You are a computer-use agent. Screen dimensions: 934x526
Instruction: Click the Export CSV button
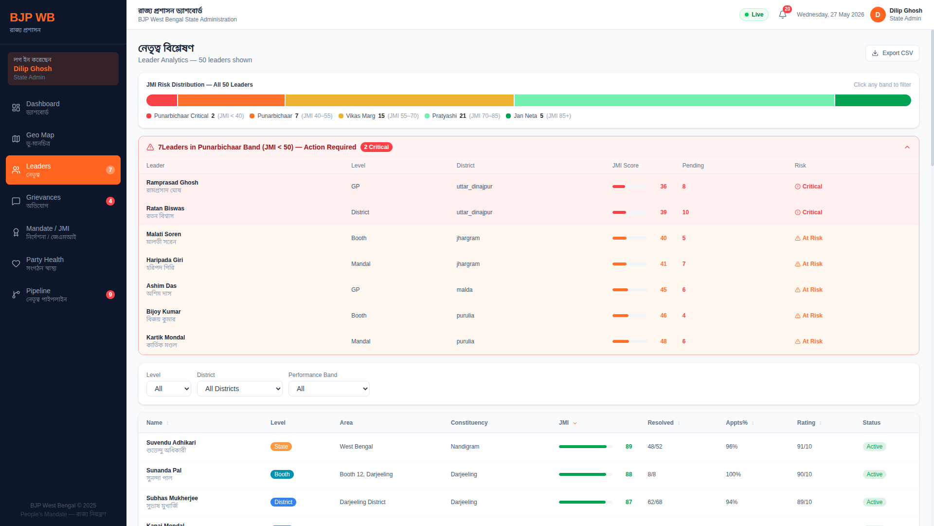(x=892, y=53)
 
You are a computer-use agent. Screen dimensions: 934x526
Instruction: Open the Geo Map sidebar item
(x=63, y=139)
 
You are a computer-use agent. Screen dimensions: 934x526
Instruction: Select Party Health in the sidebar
(x=63, y=263)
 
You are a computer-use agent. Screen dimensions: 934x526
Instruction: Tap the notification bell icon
(x=782, y=15)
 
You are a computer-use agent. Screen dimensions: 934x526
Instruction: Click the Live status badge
(x=754, y=15)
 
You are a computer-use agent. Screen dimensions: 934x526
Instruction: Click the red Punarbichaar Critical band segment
(x=162, y=100)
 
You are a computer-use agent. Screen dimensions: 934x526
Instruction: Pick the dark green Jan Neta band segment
(x=873, y=100)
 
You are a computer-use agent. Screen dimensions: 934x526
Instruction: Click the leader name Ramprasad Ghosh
(x=172, y=183)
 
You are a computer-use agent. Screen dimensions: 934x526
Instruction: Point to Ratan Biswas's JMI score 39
(x=664, y=212)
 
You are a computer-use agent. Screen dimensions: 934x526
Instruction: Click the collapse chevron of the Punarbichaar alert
(x=907, y=147)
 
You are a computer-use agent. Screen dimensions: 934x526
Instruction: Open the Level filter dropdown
(x=169, y=389)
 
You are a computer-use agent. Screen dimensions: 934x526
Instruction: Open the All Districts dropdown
(x=240, y=389)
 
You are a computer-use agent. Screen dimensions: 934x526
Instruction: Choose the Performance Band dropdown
(x=329, y=389)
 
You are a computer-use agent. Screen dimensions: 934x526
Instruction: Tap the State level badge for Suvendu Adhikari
(x=281, y=447)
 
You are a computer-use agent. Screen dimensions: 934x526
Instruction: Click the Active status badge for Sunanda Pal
(x=875, y=474)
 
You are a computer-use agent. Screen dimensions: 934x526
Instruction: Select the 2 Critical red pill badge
(x=377, y=147)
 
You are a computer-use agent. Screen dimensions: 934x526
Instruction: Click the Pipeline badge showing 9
(x=110, y=295)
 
